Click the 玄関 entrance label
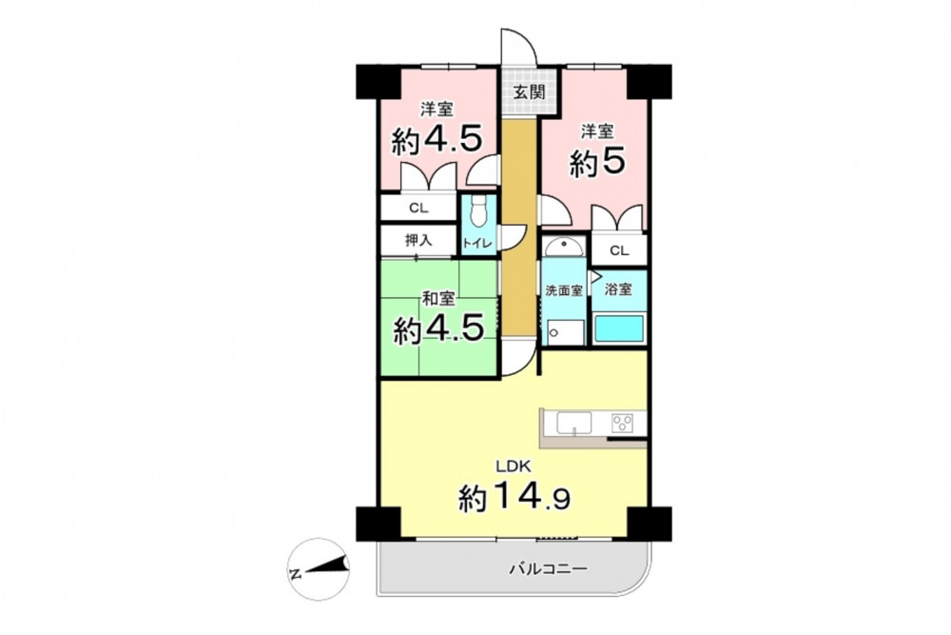(x=530, y=92)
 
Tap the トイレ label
(x=479, y=243)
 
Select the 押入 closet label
(x=417, y=241)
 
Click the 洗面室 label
(x=563, y=290)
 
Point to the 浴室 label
(x=619, y=289)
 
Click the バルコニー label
(x=549, y=570)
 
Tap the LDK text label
(x=514, y=466)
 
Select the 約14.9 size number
(x=514, y=497)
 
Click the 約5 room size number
(x=597, y=162)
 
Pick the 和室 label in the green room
(x=438, y=299)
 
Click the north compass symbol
(x=319, y=569)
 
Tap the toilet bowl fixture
(x=479, y=213)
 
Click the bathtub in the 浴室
(x=619, y=328)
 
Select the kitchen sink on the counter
(x=573, y=423)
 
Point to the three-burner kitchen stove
(x=623, y=422)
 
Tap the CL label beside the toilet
(x=417, y=208)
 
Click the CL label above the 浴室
(x=619, y=250)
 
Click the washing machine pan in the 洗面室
(x=565, y=331)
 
